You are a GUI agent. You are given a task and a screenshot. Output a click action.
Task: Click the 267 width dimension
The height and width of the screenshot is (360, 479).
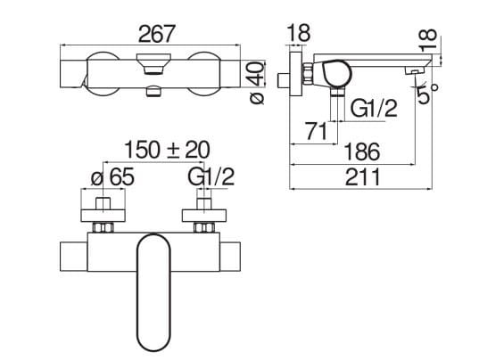coord(157,34)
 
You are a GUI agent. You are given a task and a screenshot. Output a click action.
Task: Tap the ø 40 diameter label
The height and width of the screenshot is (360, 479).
coord(256,82)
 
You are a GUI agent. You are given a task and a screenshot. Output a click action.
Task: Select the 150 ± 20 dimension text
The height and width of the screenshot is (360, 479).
coord(167,150)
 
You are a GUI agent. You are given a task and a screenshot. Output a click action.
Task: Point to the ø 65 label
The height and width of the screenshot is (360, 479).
coord(112,177)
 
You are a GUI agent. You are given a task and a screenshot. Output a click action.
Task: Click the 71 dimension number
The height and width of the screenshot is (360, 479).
coord(317,131)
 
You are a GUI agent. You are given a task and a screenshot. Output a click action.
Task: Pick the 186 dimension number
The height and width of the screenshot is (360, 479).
coord(361,151)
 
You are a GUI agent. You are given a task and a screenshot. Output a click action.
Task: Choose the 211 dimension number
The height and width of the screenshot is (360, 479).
coord(363,176)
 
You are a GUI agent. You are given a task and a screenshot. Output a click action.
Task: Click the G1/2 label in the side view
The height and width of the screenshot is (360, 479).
coord(374,108)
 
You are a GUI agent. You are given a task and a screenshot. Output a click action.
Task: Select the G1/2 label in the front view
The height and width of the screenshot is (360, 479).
coord(211,177)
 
